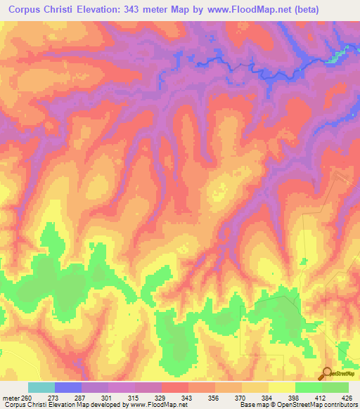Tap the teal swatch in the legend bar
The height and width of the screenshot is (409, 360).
(x=41, y=387)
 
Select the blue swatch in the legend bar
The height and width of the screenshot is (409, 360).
(x=68, y=387)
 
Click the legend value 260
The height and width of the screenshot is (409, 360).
(x=26, y=397)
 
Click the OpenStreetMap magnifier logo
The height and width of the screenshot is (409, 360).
(x=326, y=373)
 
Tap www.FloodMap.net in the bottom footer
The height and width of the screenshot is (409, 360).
(x=154, y=405)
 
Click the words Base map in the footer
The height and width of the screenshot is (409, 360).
(x=254, y=405)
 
